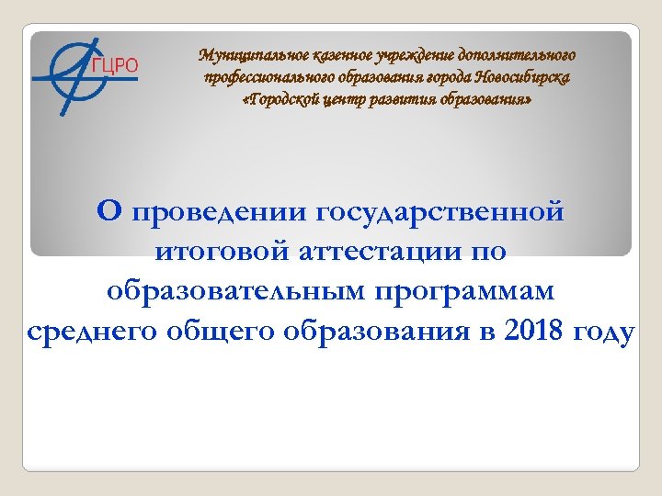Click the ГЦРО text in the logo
point(115,65)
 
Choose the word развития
point(405,99)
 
